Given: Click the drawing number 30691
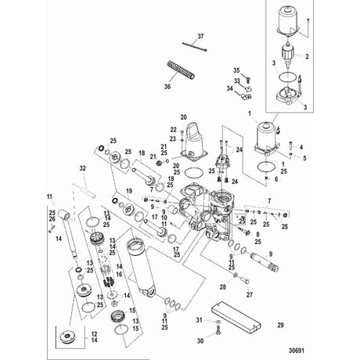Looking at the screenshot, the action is [297, 351].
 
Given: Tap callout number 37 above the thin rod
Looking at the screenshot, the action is [200, 37].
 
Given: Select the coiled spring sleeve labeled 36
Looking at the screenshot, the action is [181, 70].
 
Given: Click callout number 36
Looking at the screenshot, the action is [167, 86].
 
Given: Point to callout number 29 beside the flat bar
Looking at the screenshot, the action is [280, 326].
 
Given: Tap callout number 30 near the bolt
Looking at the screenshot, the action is [200, 341].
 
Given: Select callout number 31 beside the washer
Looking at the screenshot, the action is [199, 320].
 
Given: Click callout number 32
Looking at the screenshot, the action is [82, 168].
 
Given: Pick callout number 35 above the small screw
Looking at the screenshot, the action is [236, 70].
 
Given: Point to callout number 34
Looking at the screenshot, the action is [229, 88].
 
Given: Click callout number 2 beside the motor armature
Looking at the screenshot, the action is [307, 56].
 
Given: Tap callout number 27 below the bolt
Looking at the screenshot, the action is [250, 295].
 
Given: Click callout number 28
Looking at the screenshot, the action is [222, 287].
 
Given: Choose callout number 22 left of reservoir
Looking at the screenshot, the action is [174, 130].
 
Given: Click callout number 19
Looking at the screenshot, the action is [129, 191].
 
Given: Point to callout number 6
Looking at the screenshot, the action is [276, 179].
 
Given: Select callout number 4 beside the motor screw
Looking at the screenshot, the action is [301, 147].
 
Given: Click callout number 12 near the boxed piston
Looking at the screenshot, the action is [95, 334].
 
